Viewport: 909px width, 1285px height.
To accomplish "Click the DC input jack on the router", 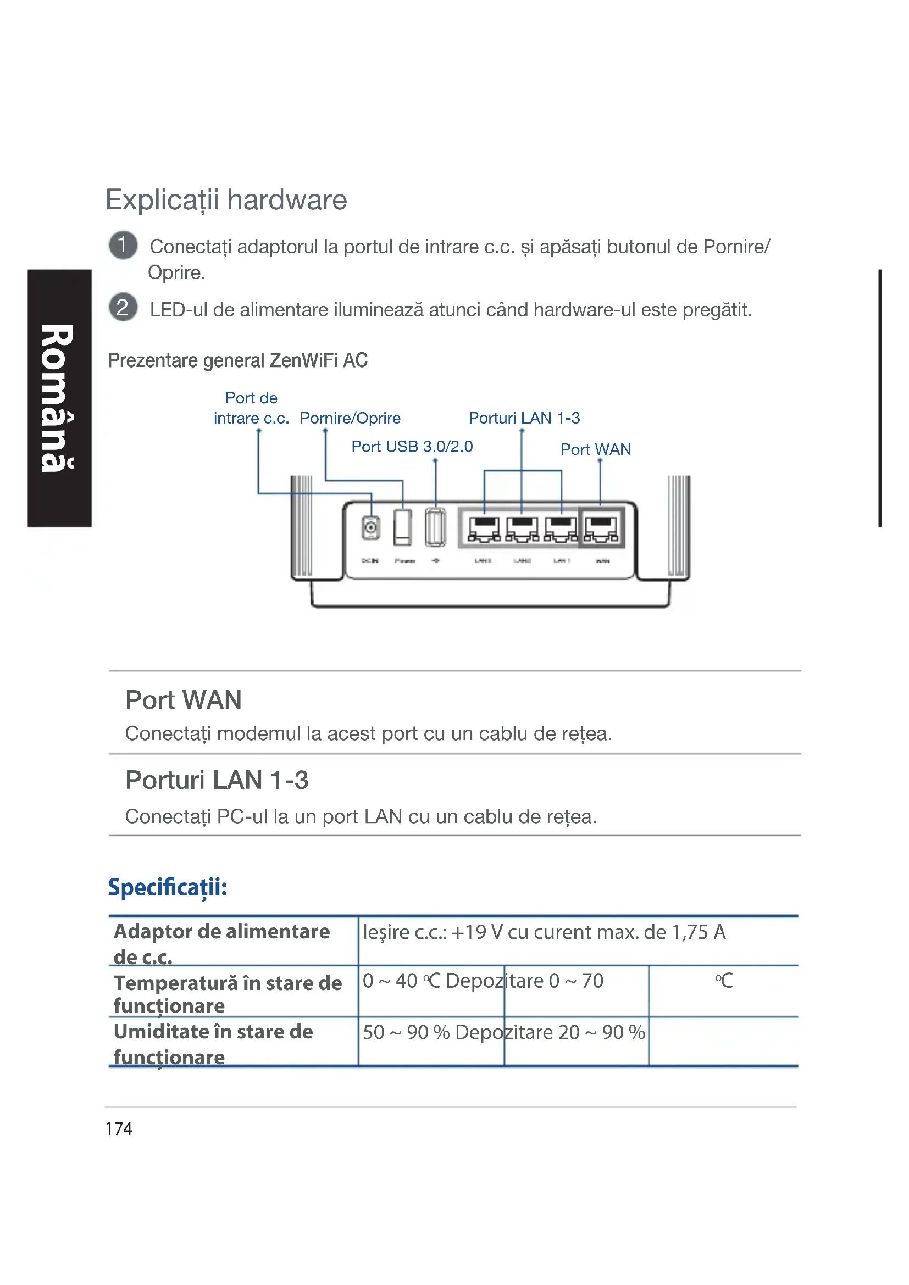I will pyautogui.click(x=370, y=527).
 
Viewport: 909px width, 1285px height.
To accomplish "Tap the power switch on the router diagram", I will pyautogui.click(x=402, y=527).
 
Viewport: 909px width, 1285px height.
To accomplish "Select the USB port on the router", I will pyautogui.click(x=435, y=527).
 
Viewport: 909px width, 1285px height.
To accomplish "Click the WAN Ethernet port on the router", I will pyautogui.click(x=601, y=529).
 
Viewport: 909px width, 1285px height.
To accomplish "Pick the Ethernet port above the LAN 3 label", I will pyautogui.click(x=484, y=529).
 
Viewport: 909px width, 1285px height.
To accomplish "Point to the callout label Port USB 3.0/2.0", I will pyautogui.click(x=412, y=447).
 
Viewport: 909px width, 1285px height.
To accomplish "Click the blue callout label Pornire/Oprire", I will pyautogui.click(x=350, y=418).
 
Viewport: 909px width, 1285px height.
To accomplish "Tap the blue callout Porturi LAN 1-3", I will pyautogui.click(x=524, y=418).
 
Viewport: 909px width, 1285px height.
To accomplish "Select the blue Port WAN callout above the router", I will pyautogui.click(x=596, y=449).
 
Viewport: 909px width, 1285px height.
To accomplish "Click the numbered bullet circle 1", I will pyautogui.click(x=123, y=245).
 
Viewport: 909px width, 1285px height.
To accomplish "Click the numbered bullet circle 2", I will pyautogui.click(x=123, y=307).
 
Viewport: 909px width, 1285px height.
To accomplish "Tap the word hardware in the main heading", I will pyautogui.click(x=286, y=200).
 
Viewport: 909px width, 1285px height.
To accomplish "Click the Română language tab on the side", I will pyautogui.click(x=58, y=398).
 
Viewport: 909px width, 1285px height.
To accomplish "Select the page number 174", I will pyautogui.click(x=119, y=1129).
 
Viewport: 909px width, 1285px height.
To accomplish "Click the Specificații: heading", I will pyautogui.click(x=168, y=887).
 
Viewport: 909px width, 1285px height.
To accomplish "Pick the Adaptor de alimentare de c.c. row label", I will pyautogui.click(x=221, y=943).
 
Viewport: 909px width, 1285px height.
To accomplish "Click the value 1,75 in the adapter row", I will pyautogui.click(x=690, y=932).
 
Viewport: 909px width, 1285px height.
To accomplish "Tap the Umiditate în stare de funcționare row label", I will pyautogui.click(x=213, y=1044).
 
